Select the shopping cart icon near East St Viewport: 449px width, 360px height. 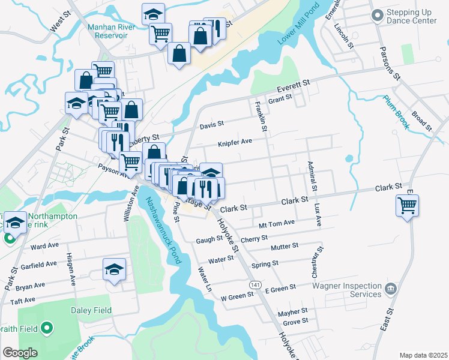pyautogui.click(x=407, y=206)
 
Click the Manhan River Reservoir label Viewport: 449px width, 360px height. pyautogui.click(x=107, y=31)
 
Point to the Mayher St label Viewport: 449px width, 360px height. pyautogui.click(x=292, y=311)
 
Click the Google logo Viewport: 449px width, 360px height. pyautogui.click(x=20, y=353)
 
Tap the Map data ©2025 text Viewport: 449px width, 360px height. pyautogui.click(x=423, y=355)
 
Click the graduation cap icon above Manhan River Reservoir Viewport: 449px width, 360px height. pyautogui.click(x=154, y=14)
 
